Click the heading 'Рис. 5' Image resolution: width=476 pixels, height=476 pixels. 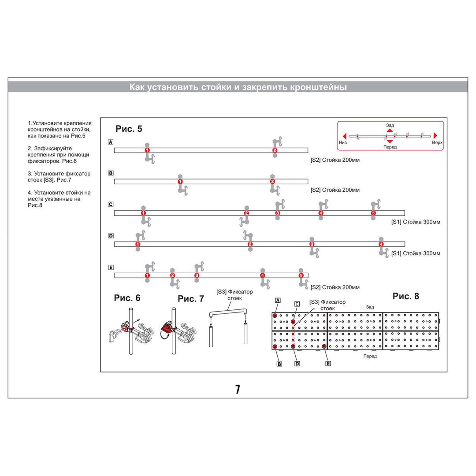(129, 129)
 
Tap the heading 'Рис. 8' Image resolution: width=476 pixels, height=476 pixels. (405, 296)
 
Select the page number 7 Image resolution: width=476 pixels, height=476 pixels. (238, 389)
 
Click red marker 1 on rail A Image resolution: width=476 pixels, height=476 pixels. (147, 150)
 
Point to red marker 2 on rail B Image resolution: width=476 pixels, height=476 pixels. (273, 182)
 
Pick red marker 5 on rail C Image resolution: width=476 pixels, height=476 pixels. (373, 213)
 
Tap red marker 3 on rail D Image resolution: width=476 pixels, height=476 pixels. (312, 244)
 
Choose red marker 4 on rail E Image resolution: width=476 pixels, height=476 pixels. (263, 275)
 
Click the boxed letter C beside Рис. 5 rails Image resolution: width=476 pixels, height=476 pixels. (111, 205)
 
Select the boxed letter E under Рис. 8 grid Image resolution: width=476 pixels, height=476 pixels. (328, 363)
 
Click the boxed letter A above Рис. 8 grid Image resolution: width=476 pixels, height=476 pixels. (278, 301)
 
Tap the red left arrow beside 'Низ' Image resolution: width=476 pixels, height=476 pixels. (344, 136)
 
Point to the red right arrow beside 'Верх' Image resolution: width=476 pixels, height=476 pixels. (435, 135)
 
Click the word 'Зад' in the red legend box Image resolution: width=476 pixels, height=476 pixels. (390, 125)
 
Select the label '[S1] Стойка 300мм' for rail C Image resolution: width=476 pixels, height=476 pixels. (416, 222)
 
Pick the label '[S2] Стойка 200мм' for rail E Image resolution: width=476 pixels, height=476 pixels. (335, 287)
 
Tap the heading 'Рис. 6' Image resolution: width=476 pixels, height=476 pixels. (127, 298)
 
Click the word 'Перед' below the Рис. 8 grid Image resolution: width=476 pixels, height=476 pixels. (370, 356)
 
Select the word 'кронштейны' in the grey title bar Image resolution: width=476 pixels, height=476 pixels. (318, 87)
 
